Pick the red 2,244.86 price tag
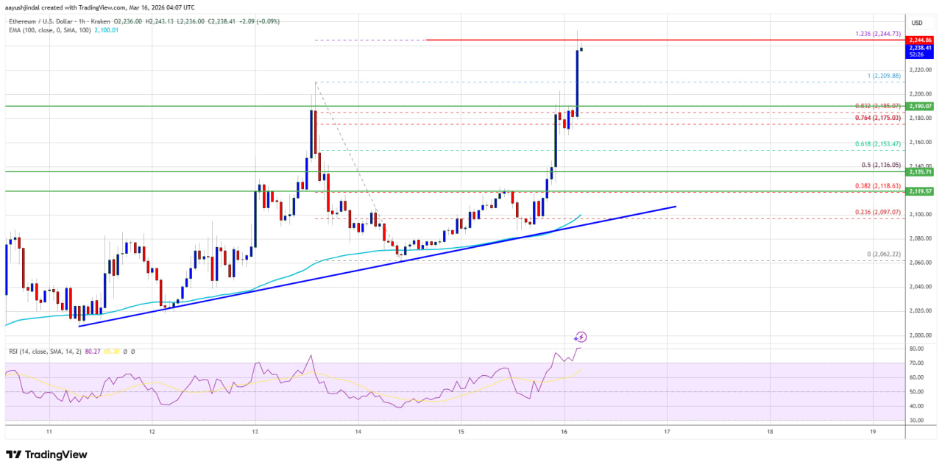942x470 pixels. coord(921,40)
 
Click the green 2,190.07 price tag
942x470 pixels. coord(921,107)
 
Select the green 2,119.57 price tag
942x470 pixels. coord(921,191)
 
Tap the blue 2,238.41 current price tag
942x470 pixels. coord(921,49)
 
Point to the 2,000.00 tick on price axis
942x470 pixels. coord(916,335)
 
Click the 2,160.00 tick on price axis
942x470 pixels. coord(916,142)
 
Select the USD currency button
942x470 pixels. coord(917,23)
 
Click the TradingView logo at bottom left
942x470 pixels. coord(47,455)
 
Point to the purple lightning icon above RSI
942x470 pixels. coord(581,337)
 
